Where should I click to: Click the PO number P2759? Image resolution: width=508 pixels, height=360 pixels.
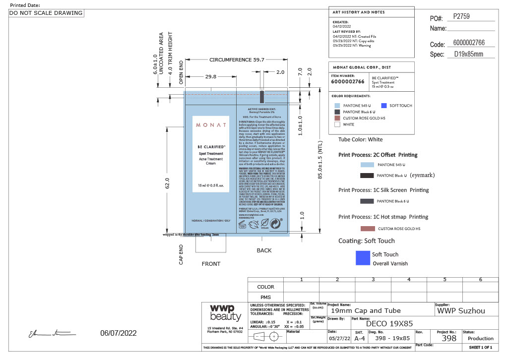tap(461, 16)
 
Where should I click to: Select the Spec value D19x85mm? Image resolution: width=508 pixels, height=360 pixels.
tap(468, 54)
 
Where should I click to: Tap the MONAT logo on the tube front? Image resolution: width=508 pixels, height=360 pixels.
tap(210, 124)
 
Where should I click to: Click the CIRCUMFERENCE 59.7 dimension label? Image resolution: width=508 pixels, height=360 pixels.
tap(237, 59)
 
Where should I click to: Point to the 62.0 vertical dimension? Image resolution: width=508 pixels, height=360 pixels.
tap(167, 183)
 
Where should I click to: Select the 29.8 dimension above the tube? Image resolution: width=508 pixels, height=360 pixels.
tap(210, 76)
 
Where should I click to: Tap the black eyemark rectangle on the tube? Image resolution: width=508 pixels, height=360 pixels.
tap(262, 96)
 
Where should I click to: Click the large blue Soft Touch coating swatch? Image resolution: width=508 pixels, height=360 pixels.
tap(363, 257)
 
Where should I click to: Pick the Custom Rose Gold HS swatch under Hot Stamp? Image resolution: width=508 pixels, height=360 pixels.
tap(367, 229)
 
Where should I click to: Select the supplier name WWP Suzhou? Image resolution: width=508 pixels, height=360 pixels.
tap(461, 311)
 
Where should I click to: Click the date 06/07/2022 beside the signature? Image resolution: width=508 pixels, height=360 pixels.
tap(118, 333)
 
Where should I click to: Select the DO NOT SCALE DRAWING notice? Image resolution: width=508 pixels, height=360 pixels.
tap(46, 13)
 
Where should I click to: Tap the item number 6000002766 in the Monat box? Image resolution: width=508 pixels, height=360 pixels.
tap(347, 81)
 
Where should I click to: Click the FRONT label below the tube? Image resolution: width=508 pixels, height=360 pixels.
tap(211, 264)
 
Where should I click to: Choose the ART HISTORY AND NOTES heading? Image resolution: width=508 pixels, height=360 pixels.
tap(358, 12)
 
